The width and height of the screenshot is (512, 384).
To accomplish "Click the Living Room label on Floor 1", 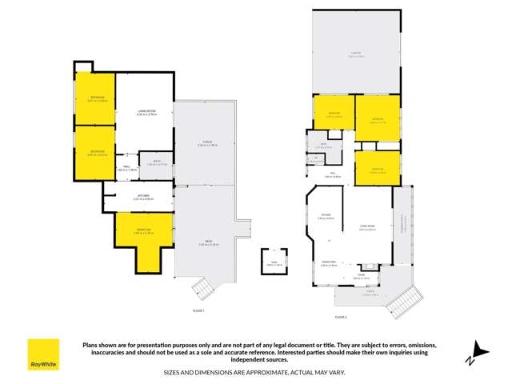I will [146, 114].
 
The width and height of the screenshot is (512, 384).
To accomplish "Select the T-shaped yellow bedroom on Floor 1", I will [145, 236].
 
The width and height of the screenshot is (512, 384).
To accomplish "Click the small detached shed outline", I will [274, 262].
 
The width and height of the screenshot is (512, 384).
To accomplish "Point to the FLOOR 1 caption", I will [199, 310].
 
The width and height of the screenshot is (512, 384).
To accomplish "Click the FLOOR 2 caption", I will [341, 317].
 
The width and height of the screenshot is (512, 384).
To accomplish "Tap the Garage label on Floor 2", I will [356, 56].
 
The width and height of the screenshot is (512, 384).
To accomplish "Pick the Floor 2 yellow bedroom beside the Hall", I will [377, 168].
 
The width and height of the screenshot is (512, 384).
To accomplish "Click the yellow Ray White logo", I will [43, 354].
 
